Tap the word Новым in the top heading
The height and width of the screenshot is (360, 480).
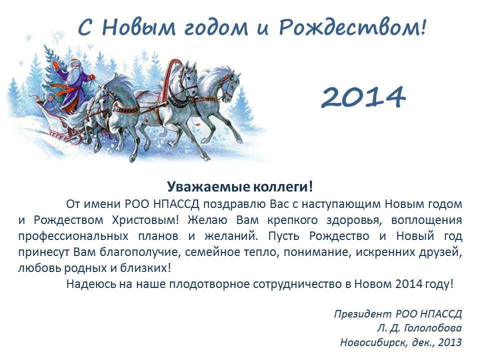(138, 27)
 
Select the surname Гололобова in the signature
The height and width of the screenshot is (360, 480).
(433, 328)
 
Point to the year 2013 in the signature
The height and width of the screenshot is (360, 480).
(449, 342)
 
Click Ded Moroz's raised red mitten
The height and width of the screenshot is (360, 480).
(56, 65)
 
